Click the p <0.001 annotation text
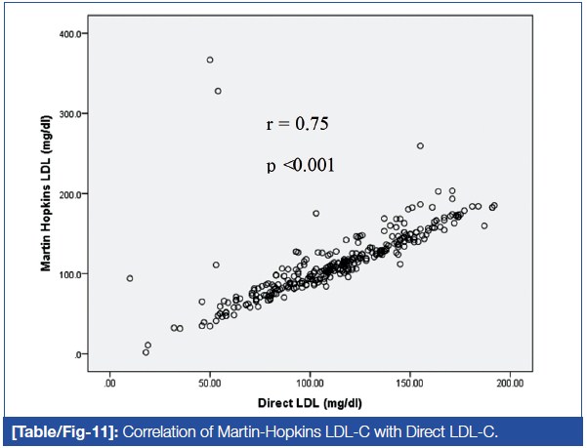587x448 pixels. [x=301, y=165]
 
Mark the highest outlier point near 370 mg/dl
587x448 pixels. [x=210, y=60]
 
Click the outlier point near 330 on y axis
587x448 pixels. [x=218, y=91]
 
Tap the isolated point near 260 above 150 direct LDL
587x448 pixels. [x=420, y=146]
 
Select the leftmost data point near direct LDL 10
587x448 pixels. [x=130, y=278]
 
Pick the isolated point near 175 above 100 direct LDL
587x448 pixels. [x=316, y=214]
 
